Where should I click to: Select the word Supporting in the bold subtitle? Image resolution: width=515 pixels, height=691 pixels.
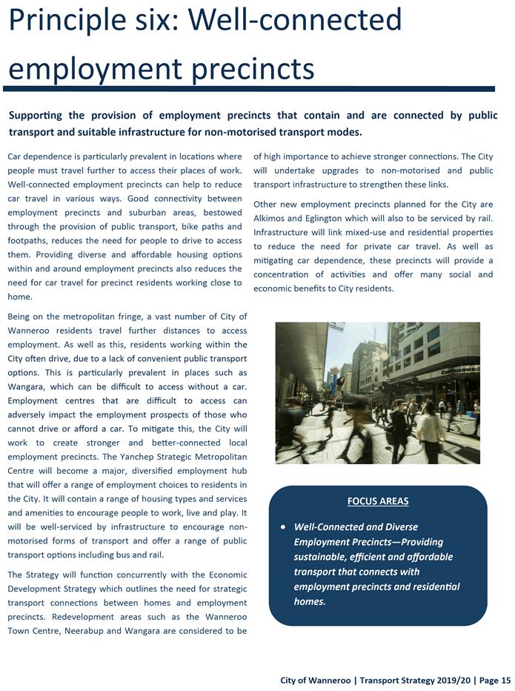[x=45, y=116]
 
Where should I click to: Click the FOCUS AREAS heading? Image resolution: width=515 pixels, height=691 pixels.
[x=377, y=501]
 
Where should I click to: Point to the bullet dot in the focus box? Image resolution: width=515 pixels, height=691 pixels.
[x=283, y=527]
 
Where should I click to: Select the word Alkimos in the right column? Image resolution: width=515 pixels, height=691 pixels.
[x=272, y=219]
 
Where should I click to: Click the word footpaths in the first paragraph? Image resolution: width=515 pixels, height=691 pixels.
[x=29, y=241]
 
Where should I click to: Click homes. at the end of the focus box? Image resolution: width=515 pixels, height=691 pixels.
[x=310, y=601]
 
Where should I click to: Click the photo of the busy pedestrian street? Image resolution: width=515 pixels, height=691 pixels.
[x=377, y=393]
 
